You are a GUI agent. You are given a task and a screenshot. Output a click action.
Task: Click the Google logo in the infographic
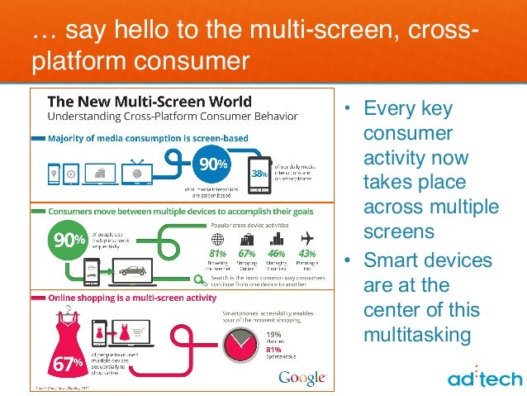[x=301, y=377]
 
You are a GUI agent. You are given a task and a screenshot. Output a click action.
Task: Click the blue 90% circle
[x=211, y=162]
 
